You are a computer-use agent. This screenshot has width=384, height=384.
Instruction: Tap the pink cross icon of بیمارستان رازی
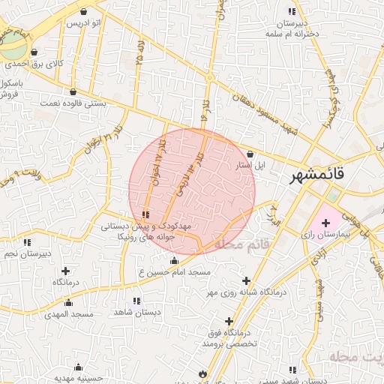point(325,223)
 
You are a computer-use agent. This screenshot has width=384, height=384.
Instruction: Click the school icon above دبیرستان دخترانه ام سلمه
point(292,11)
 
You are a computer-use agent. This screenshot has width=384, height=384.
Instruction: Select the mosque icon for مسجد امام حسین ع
point(175,261)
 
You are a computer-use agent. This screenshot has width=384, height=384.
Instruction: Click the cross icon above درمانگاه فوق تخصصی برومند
point(229,321)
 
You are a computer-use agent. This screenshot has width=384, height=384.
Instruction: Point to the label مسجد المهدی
point(68,313)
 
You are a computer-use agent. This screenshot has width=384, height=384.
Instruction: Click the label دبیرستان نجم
point(26,253)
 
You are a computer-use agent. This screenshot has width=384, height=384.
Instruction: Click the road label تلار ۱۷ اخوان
point(159,160)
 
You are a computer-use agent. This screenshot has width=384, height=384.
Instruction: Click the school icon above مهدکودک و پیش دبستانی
point(145,215)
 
